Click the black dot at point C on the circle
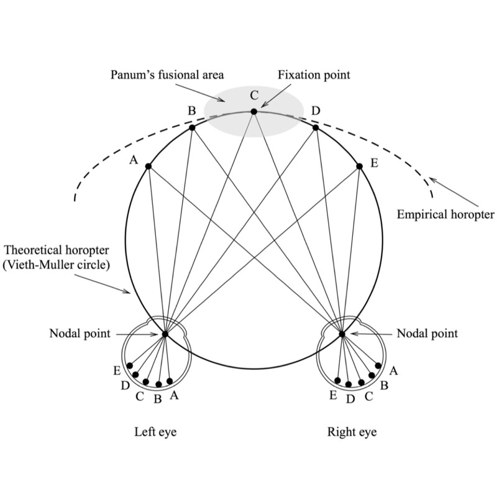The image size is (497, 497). coord(253,112)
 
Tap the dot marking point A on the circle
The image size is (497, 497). coord(149,166)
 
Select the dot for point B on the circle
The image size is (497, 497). coord(193,127)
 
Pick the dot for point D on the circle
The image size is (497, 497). coord(316,127)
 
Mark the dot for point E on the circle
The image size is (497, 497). coord(360,166)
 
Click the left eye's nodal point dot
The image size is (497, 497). coord(165,334)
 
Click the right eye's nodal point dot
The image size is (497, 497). coord(342,334)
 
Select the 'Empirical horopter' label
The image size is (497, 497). coord(445,216)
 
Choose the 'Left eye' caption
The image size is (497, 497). coord(155,431)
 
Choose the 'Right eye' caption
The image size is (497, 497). coord(352,431)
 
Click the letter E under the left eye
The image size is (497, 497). coord(117,372)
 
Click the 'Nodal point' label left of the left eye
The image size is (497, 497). coord(80,334)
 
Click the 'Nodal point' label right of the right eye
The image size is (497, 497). coord(427,334)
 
